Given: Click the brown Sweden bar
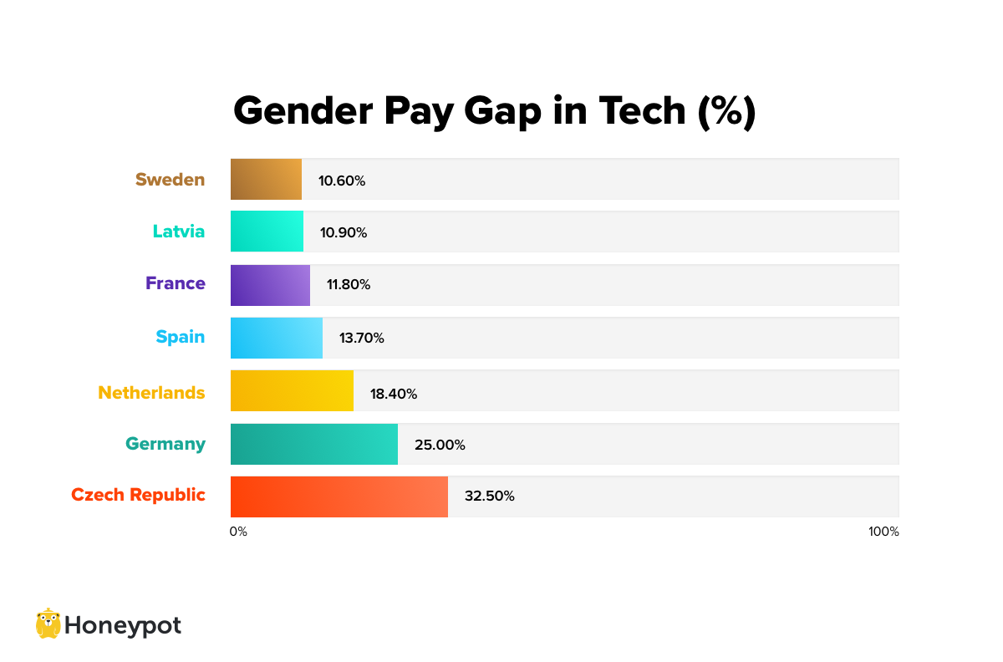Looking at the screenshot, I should pyautogui.click(x=266, y=179).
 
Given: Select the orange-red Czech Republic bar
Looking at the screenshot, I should pyautogui.click(x=339, y=496).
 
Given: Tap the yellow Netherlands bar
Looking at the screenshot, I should pyautogui.click(x=292, y=390).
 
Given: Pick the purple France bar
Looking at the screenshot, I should pyautogui.click(x=270, y=285).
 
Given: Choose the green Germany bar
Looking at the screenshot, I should pyautogui.click(x=313, y=443).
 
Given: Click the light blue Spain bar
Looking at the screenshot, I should pyautogui.click(x=276, y=338).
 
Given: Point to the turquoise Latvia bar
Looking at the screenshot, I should pyautogui.click(x=267, y=232).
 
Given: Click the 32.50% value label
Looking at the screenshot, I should pyautogui.click(x=489, y=496).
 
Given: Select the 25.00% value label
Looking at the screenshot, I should pyautogui.click(x=440, y=445).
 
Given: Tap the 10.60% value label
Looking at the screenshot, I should pyautogui.click(x=341, y=181).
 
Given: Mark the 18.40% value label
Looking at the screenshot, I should pyautogui.click(x=394, y=394).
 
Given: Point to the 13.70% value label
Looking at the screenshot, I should pyautogui.click(x=361, y=339).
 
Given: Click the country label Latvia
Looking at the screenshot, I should pyautogui.click(x=178, y=232).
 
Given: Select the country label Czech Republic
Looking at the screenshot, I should pyautogui.click(x=138, y=495).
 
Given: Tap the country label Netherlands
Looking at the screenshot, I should pyautogui.click(x=151, y=392).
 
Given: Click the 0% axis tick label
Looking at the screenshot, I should pyautogui.click(x=238, y=532).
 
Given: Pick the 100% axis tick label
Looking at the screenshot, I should pyautogui.click(x=883, y=532).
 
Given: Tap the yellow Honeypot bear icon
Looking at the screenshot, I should pyautogui.click(x=48, y=624).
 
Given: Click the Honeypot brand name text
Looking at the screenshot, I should pyautogui.click(x=123, y=625).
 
